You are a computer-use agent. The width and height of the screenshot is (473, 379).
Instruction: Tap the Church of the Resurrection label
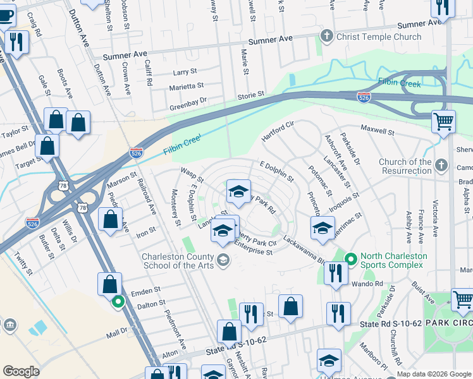405,167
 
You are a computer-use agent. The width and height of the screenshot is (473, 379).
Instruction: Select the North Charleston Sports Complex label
393,260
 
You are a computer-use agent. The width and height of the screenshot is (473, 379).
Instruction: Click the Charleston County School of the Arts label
178,261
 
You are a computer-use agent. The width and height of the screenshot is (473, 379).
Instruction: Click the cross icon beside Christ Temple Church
327,36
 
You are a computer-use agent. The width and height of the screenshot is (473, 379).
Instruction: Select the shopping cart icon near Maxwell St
443,121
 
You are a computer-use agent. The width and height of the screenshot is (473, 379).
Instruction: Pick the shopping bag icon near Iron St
110,220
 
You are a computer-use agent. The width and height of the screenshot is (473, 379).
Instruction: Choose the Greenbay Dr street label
188,104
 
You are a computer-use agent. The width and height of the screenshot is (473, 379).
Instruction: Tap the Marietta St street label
186,86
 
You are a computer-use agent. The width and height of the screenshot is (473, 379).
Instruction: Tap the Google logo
21,371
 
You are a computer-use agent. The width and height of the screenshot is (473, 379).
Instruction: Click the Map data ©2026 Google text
434,373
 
